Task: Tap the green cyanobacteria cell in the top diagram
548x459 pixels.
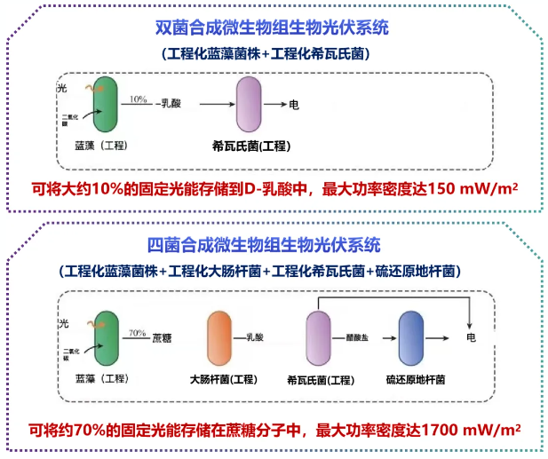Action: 104,105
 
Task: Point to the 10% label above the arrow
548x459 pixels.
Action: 138,99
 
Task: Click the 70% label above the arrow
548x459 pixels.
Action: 138,334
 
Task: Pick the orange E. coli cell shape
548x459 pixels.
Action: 219,338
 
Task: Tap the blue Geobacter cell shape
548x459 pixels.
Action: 411,338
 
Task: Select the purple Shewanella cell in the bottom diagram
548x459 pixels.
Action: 318,338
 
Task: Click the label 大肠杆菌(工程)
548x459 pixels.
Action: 223,380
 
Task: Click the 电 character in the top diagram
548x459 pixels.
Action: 294,105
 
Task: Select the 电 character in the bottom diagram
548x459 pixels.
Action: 472,338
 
